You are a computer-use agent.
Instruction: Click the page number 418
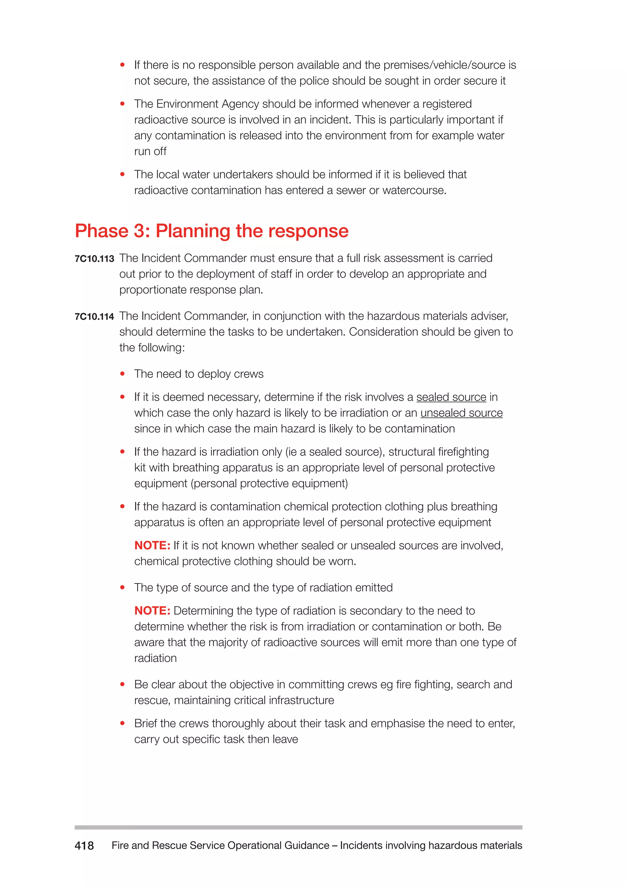pos(84,846)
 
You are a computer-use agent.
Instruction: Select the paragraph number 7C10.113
pos(94,259)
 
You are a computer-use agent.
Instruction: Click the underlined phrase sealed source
pos(451,397)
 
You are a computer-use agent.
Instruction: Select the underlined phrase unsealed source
pos(461,413)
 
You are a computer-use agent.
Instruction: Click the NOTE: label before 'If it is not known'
pos(152,545)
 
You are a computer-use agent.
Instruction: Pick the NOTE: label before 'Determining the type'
pos(152,610)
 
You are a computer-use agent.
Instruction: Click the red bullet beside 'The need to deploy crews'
pos(122,374)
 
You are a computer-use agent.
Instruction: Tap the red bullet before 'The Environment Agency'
pos(122,104)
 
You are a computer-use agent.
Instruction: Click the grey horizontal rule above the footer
pos(298,827)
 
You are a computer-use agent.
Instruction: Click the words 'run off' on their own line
pos(150,151)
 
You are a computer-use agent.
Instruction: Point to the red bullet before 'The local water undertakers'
pos(122,174)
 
